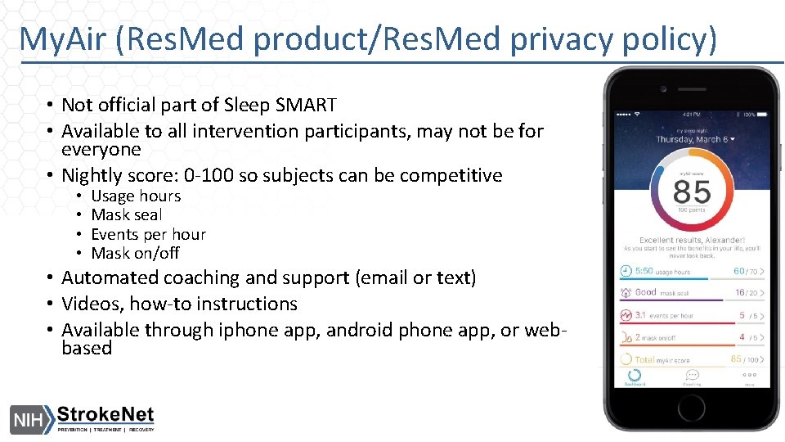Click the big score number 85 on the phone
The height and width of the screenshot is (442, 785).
692,192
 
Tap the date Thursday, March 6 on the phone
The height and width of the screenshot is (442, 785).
694,139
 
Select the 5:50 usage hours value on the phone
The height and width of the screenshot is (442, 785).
644,271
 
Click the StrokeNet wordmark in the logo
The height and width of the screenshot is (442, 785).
105,413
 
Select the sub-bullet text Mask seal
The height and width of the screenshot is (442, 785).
127,214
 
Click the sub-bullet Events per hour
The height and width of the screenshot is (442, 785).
148,234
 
